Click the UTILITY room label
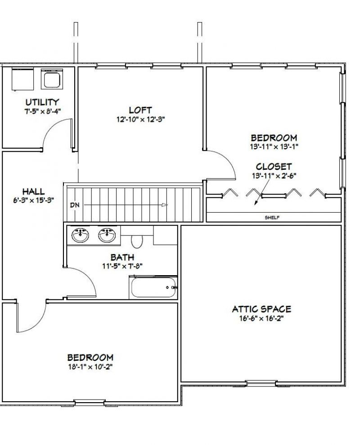[42, 102]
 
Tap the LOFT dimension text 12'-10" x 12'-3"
[140, 119]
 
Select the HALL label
[33, 191]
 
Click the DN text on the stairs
[75, 205]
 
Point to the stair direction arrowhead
[165, 205]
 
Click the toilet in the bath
[137, 240]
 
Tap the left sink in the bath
[80, 235]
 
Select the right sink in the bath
[107, 235]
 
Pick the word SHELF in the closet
[272, 218]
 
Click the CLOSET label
[274, 167]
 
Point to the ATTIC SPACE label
[261, 309]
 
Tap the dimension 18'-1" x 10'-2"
[90, 367]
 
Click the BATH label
[122, 258]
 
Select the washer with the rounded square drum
[51, 79]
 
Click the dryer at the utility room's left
[22, 79]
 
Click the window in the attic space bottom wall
[261, 383]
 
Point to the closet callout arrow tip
[255, 204]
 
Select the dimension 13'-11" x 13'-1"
[274, 147]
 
